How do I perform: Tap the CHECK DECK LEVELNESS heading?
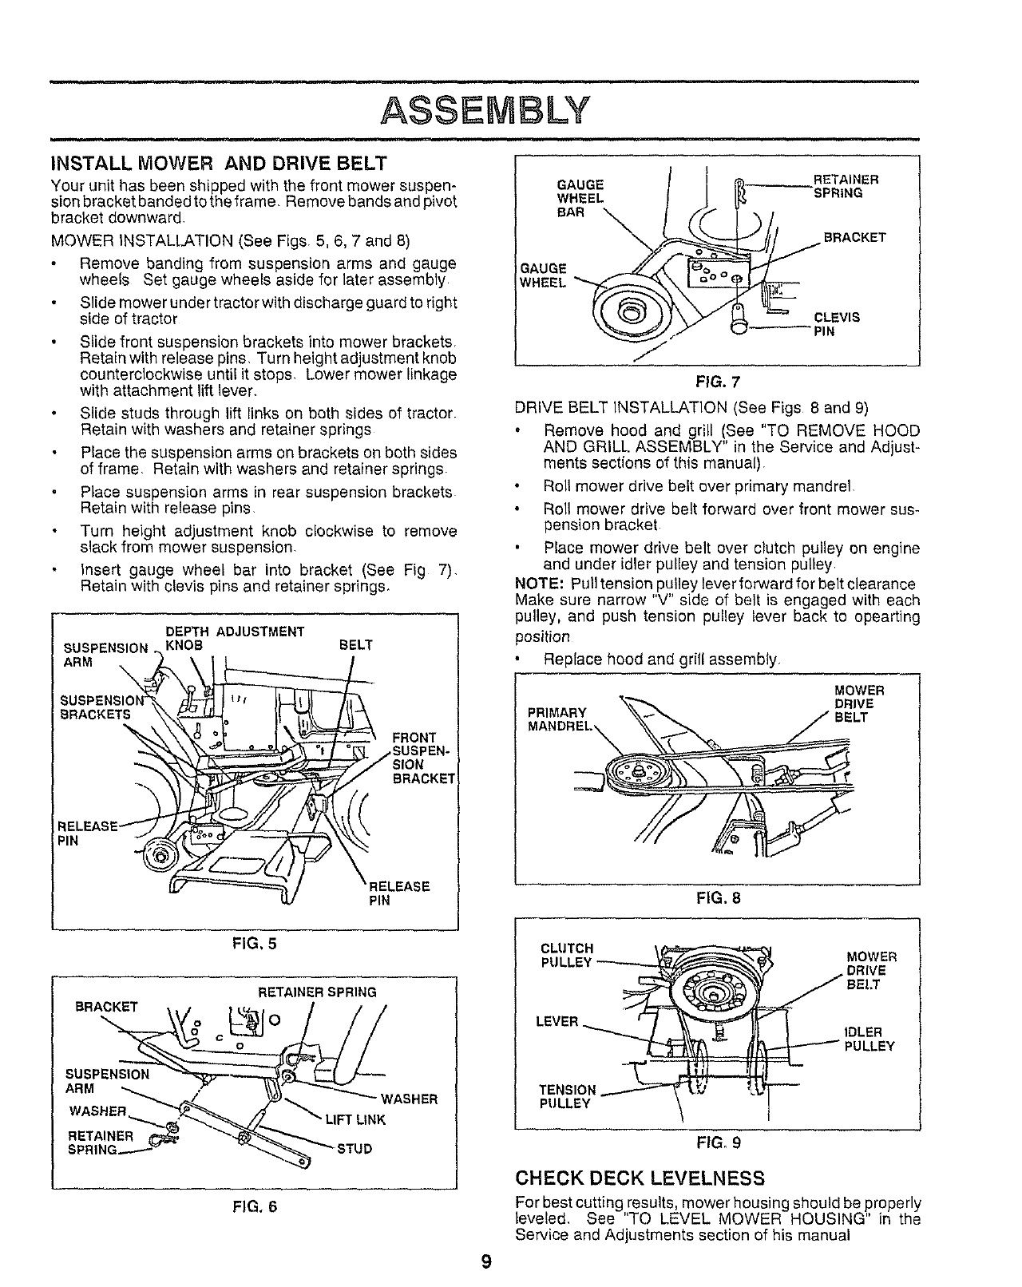[640, 1178]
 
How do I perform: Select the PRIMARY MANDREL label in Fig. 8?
[557, 719]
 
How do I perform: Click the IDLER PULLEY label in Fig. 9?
[869, 1039]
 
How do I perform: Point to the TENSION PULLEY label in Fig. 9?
[567, 1096]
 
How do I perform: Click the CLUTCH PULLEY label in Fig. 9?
[566, 956]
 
